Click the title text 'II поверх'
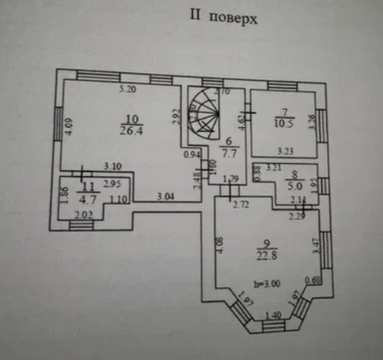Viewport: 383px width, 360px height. pyautogui.click(x=223, y=18)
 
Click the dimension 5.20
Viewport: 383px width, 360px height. pyautogui.click(x=128, y=89)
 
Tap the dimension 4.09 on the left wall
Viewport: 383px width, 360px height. pyautogui.click(x=68, y=125)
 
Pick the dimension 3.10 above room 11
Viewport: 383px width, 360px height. pyautogui.click(x=113, y=166)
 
